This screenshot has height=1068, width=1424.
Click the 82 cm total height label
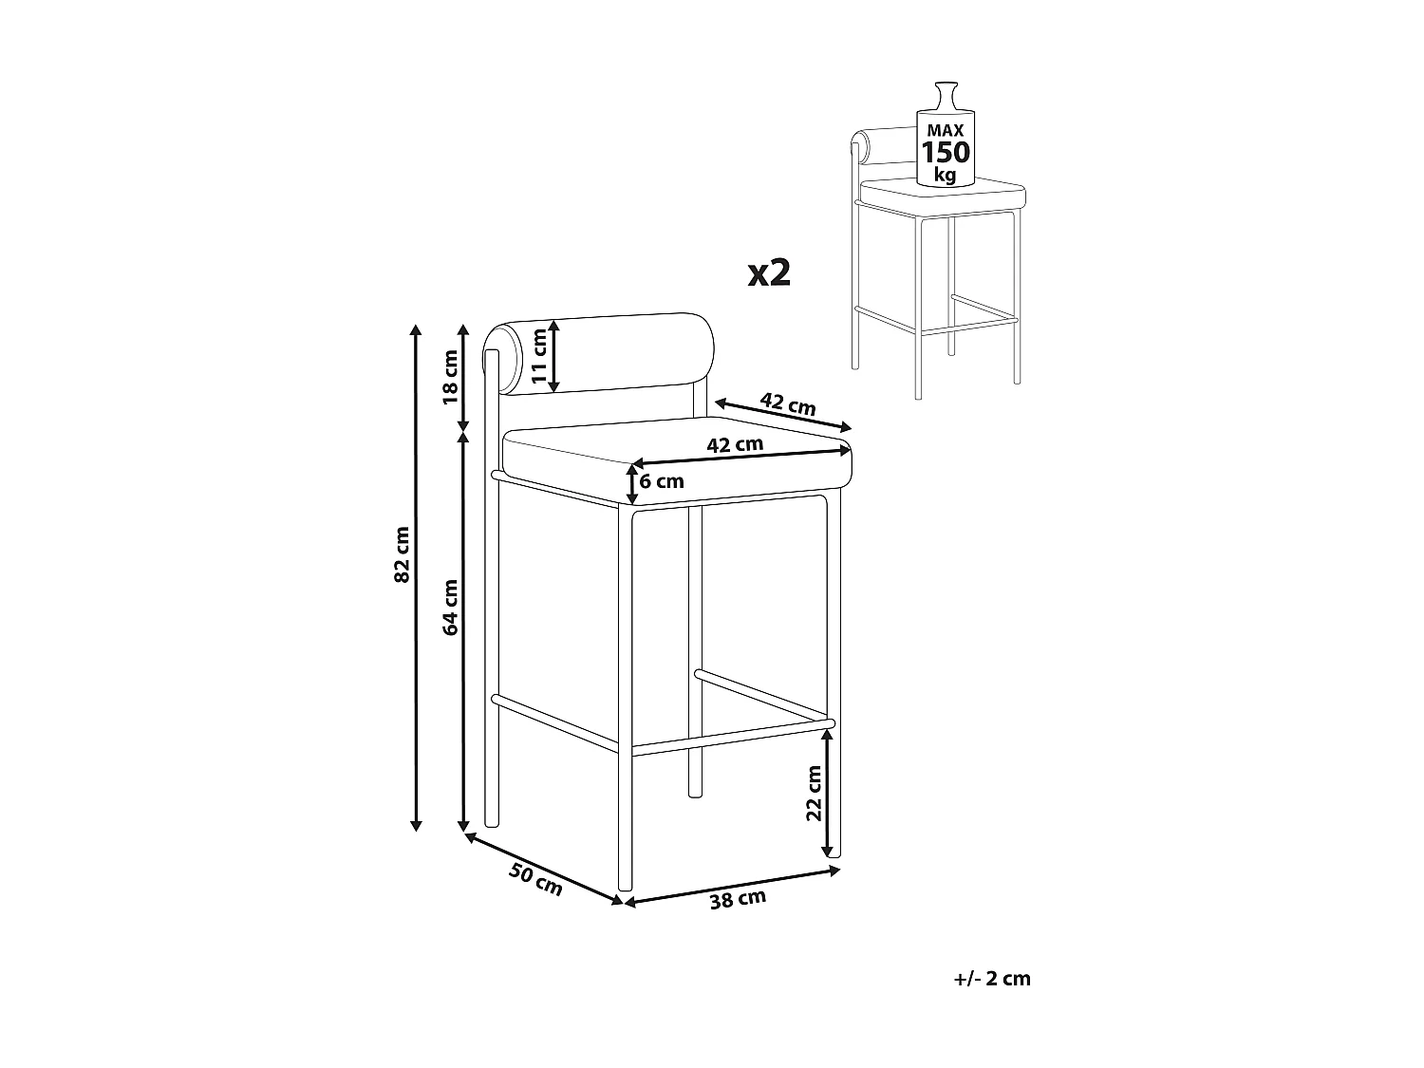[403, 554]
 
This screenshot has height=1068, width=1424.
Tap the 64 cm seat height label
[450, 607]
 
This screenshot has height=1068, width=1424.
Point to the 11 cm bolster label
[540, 356]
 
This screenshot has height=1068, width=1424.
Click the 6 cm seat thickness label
[662, 481]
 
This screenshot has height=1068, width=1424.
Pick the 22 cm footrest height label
[814, 793]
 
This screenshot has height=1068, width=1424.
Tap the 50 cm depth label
[535, 880]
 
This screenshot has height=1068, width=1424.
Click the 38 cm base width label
[738, 899]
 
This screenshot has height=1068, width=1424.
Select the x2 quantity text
[769, 272]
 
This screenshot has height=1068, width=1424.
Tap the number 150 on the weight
[946, 153]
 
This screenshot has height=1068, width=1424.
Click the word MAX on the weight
[946, 130]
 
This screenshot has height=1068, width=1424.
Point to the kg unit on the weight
[946, 175]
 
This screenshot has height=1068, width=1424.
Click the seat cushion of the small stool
[943, 193]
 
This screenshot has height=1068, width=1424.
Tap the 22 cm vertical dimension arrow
[827, 793]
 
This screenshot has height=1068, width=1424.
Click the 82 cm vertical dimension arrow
[416, 578]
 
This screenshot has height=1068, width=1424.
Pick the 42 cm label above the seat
[788, 404]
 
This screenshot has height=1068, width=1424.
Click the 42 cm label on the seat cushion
[735, 445]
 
